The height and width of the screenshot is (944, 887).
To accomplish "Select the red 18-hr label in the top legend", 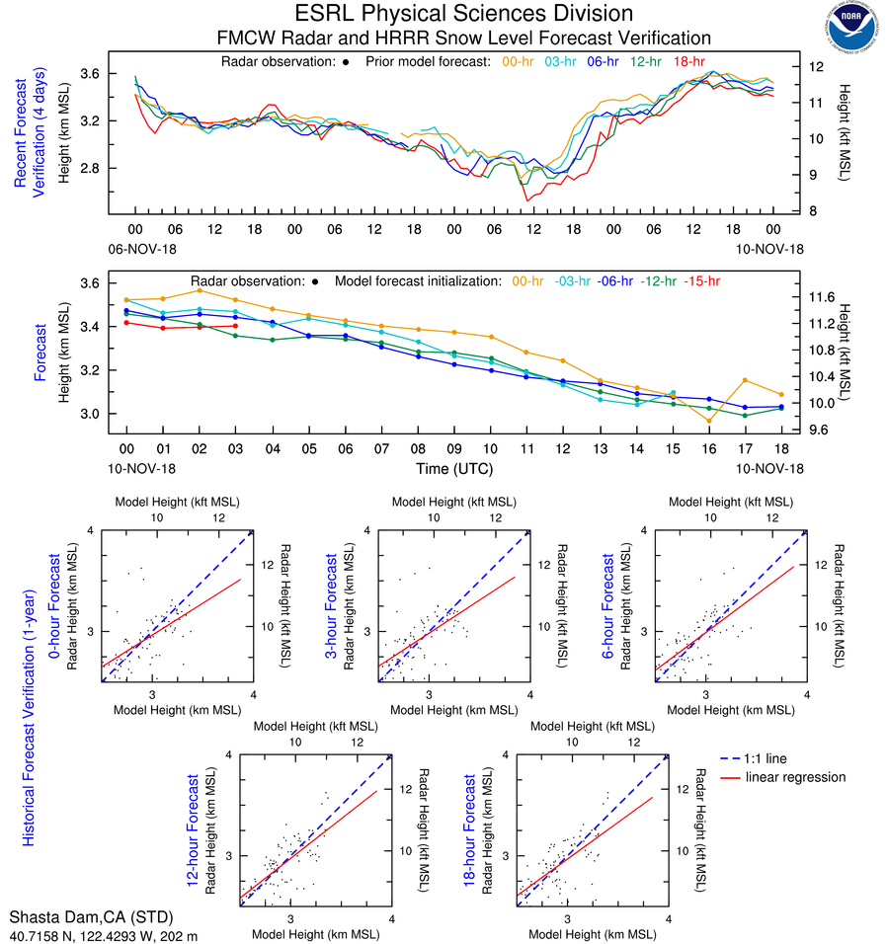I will click(688, 62).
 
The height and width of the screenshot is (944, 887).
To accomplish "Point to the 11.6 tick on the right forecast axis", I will click(823, 296).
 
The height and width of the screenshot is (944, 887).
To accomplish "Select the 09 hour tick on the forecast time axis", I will click(453, 448).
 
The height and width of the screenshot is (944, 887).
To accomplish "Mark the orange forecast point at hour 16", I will click(708, 421).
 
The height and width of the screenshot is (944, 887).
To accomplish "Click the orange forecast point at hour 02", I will click(200, 290).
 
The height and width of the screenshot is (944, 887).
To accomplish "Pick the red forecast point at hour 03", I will click(235, 326).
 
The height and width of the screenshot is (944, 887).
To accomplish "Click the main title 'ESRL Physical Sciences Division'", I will click(463, 14).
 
